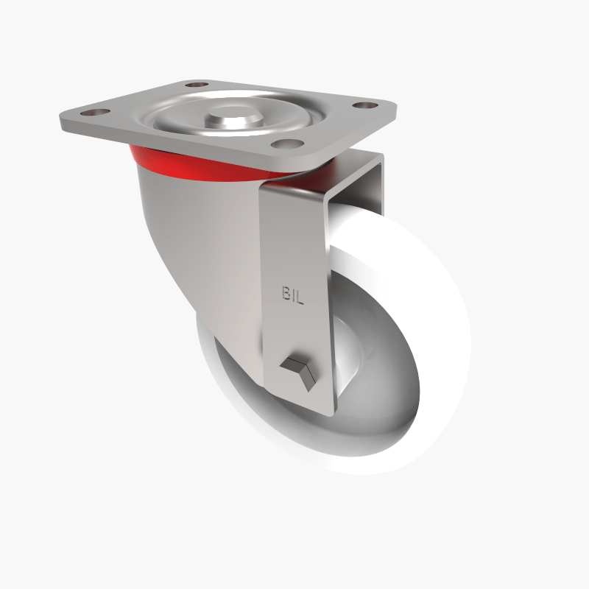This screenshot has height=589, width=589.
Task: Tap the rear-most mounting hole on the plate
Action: pyautogui.click(x=196, y=85)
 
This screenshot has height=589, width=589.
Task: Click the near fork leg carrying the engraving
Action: pyautogui.click(x=294, y=243)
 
